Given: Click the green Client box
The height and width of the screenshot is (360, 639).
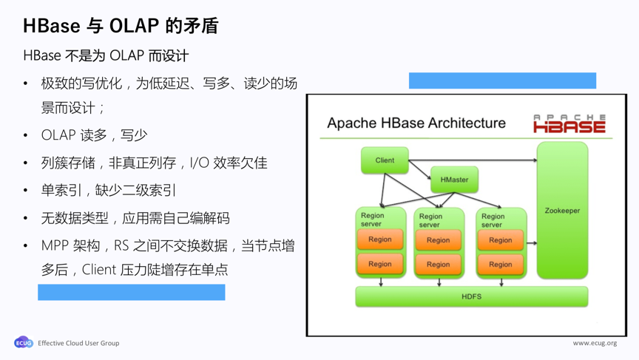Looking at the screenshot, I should pyautogui.click(x=385, y=160).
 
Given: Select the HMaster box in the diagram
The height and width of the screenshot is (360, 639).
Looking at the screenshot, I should pyautogui.click(x=454, y=180).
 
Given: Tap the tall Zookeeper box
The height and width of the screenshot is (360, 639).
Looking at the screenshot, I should pyautogui.click(x=562, y=211).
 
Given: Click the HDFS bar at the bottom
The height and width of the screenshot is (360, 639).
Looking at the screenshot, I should pyautogui.click(x=471, y=296).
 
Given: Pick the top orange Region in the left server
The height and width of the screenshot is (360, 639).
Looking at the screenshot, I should pyautogui.click(x=380, y=240).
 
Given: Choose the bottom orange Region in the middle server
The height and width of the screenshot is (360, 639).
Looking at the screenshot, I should pyautogui.click(x=438, y=264).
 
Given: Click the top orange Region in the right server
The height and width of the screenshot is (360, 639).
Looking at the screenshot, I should pyautogui.click(x=500, y=240).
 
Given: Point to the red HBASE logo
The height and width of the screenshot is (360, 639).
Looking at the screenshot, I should pyautogui.click(x=569, y=125).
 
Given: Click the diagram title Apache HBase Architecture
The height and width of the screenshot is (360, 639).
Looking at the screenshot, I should pyautogui.click(x=416, y=123).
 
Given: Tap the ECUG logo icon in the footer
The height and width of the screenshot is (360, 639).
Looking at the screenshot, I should pyautogui.click(x=23, y=343).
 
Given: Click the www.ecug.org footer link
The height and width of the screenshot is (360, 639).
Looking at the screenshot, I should pyautogui.click(x=595, y=343).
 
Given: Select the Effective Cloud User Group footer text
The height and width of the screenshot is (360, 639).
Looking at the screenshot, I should pyautogui.click(x=78, y=343).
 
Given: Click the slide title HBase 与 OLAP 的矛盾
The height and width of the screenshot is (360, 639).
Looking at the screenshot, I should pyautogui.click(x=121, y=26).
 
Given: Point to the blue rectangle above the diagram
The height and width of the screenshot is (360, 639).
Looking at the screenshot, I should pyautogui.click(x=502, y=81).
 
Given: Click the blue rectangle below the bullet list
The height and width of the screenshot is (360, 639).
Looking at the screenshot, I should pyautogui.click(x=131, y=293).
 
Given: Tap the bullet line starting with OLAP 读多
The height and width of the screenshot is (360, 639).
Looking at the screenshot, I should pyautogui.click(x=94, y=135).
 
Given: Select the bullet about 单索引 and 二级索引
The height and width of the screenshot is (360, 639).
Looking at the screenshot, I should pyautogui.click(x=109, y=190).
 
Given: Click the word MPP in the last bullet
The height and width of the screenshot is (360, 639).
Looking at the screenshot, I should pyautogui.click(x=55, y=245).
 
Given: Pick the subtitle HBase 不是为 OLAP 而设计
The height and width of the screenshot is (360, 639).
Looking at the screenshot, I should pyautogui.click(x=106, y=55).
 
